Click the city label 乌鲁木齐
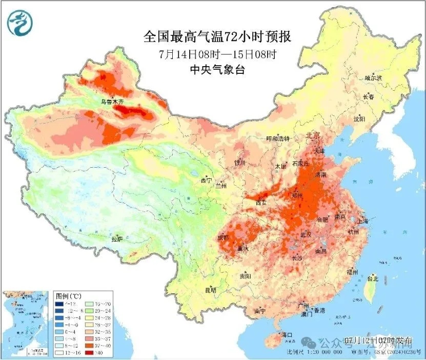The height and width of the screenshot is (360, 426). pos(112,102)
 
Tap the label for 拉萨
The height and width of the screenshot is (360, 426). pos(117,238)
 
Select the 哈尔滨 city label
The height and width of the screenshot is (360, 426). pos(373,77)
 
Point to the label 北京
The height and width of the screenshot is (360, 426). pos(313,136)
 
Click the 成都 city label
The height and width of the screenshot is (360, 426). pos(223,237)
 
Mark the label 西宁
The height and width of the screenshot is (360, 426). pos(206,181)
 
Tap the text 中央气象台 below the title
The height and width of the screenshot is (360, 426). pos(217,69)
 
